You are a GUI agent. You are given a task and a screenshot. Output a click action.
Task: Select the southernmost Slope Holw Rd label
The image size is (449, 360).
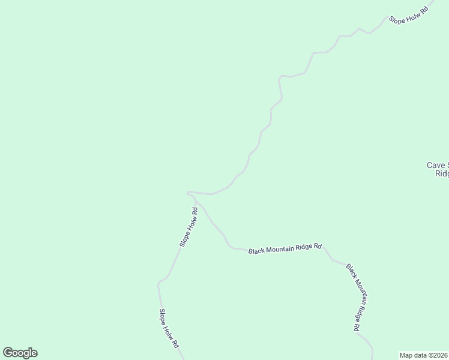coord(169,329)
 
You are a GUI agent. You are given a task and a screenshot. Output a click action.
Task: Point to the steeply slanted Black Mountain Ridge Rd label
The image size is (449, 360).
coord(353,297)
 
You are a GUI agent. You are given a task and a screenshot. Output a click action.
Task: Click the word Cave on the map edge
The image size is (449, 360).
coord(435,165)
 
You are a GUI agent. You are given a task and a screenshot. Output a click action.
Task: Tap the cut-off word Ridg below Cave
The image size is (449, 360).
coord(442,173)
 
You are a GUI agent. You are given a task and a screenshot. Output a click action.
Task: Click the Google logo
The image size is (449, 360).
coord(20,353)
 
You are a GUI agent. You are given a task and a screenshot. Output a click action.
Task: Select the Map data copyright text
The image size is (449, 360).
coord(424,355)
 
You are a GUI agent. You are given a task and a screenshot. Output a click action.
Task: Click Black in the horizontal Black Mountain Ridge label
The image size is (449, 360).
coord(257,251)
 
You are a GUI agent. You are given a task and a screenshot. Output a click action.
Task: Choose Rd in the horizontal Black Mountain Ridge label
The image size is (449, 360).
coord(318,246)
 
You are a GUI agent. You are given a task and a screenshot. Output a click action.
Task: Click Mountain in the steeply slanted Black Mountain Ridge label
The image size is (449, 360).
coord(354,296)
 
